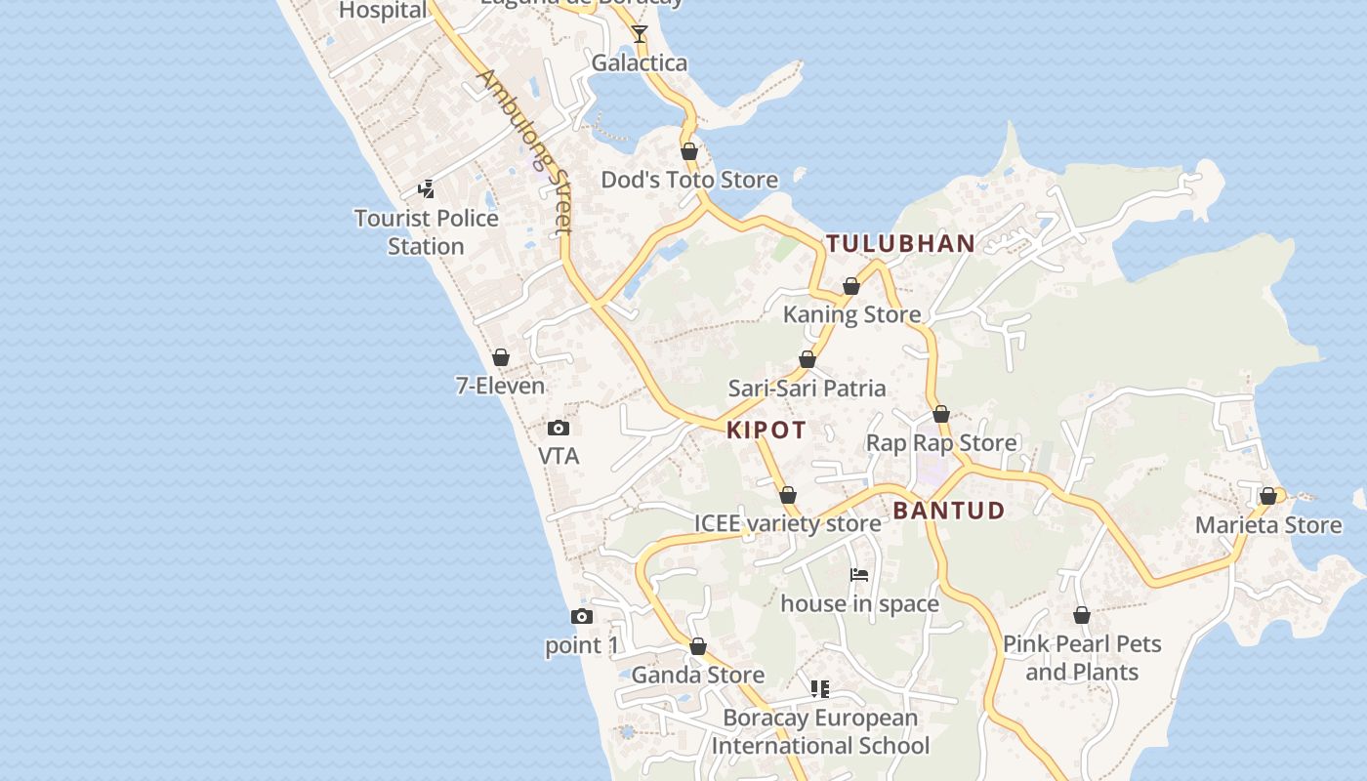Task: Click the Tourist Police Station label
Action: point(426,232)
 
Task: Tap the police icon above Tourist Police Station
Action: point(426,188)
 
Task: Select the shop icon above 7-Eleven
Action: point(501,357)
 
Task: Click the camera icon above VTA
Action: point(559,428)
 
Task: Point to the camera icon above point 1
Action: point(581,616)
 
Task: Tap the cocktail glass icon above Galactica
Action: point(640,34)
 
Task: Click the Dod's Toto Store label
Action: point(689,180)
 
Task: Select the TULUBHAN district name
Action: point(900,243)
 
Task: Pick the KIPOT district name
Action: point(766,431)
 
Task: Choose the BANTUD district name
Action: point(948,510)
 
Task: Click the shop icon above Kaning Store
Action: point(851,286)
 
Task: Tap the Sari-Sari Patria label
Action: point(807,389)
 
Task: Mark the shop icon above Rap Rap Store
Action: point(941,414)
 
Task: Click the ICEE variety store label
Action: point(787,523)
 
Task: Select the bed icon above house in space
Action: point(859,575)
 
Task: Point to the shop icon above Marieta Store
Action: point(1268,496)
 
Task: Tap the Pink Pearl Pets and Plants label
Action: point(1082,658)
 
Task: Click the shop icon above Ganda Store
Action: point(698,646)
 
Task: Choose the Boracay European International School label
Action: point(819,732)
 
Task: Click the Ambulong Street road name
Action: point(523,151)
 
